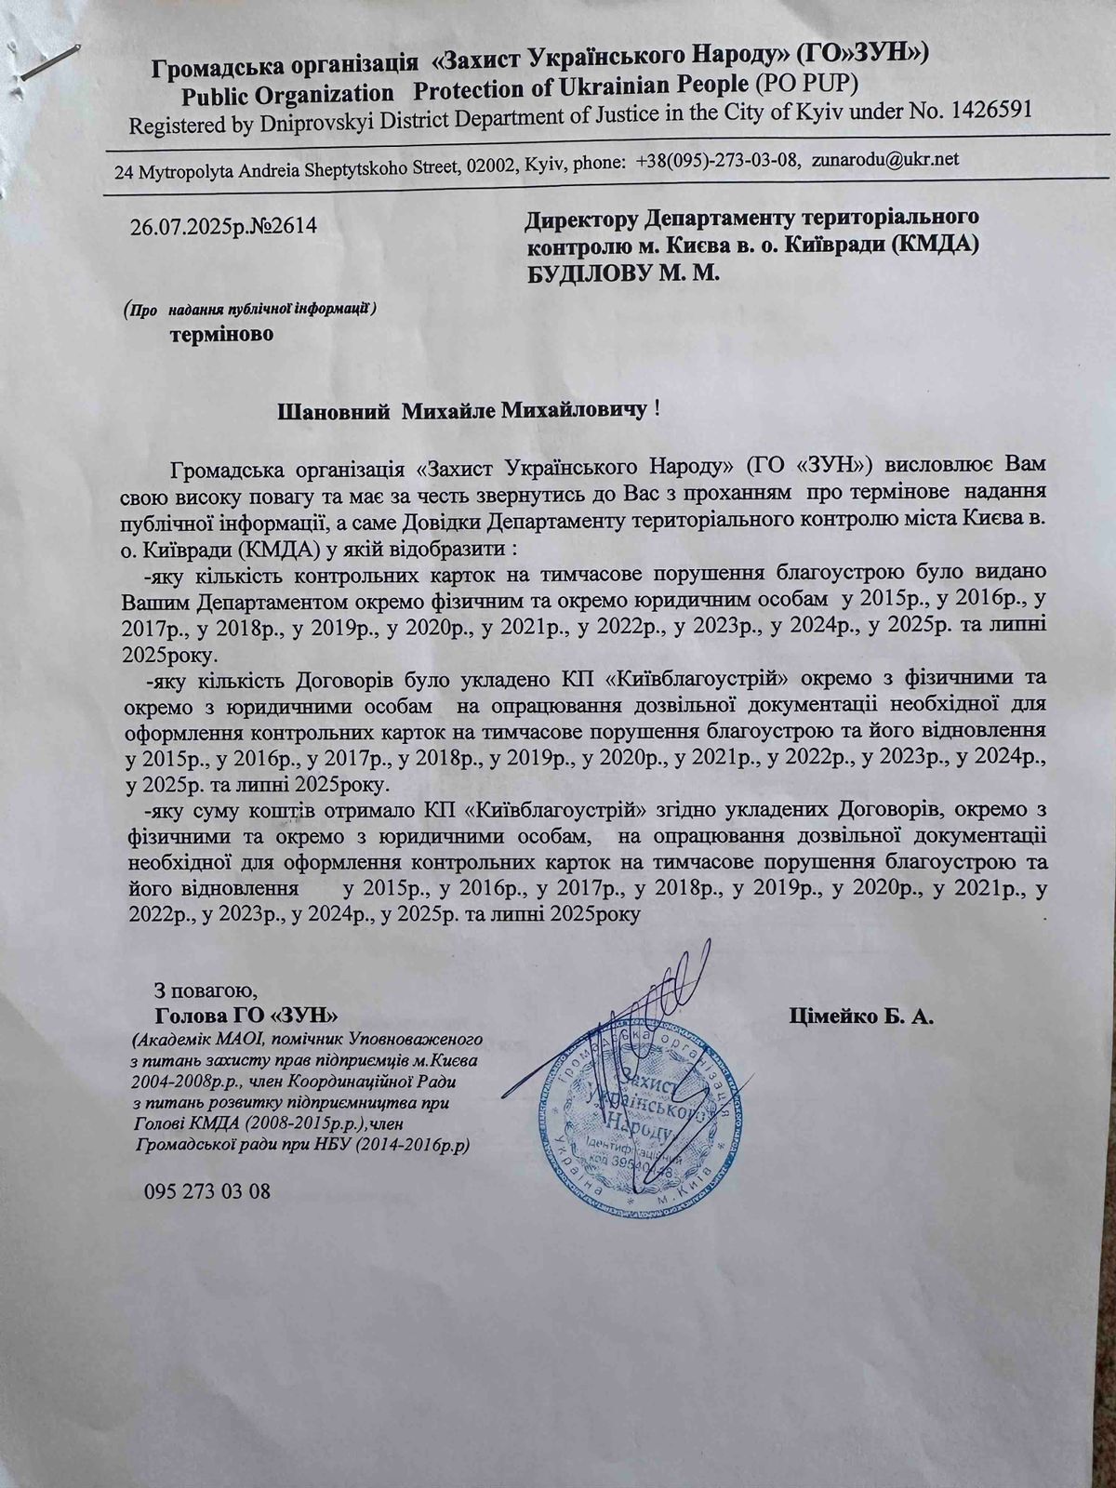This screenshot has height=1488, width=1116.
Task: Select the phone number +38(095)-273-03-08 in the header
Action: [x=718, y=160]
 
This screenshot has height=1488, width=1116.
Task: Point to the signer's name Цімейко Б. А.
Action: [x=861, y=1016]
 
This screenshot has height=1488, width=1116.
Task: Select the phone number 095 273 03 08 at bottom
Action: [x=208, y=1190]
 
